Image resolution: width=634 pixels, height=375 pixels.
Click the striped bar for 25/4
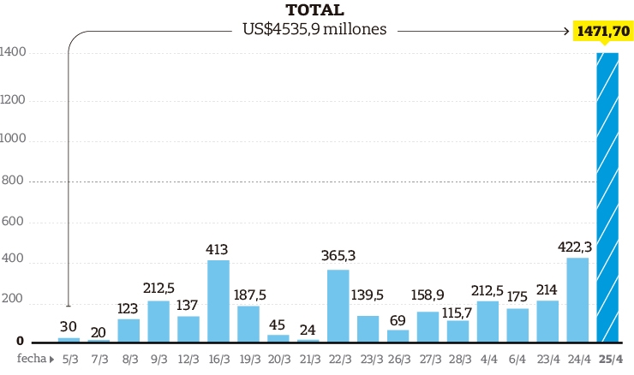[x=607, y=197]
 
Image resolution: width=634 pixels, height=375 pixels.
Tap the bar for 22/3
[x=338, y=306]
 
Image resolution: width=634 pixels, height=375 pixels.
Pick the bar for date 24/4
[x=577, y=300]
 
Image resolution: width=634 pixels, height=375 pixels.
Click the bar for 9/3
[x=158, y=321]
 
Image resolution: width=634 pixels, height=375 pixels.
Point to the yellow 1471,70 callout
[x=604, y=31]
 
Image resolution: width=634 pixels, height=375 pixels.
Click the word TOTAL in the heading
[x=314, y=10]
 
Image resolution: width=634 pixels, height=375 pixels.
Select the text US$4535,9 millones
[x=314, y=29]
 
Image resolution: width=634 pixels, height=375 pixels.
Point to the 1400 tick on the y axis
[x=13, y=53]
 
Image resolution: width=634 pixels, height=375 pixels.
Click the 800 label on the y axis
[x=13, y=182]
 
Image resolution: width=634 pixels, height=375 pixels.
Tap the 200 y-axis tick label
[x=13, y=303]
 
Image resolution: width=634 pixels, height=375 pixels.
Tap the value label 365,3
[x=338, y=256]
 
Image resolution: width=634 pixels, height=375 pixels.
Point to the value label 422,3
[x=575, y=247]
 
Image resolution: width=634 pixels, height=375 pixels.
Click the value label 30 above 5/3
[x=69, y=327]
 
